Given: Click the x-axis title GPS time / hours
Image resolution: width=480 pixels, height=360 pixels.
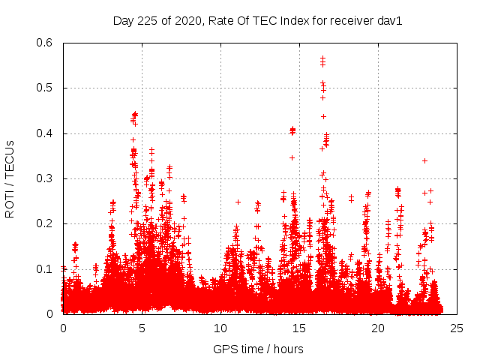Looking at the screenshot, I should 258,349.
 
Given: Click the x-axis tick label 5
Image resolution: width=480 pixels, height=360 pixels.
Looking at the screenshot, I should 142,328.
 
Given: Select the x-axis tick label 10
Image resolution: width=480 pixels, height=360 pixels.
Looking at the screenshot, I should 220,328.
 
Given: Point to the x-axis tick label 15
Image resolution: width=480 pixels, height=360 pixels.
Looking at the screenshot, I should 299,328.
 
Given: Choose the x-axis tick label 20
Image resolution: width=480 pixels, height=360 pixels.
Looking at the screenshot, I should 378,328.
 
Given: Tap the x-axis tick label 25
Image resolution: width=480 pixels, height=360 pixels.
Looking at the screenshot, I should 457,328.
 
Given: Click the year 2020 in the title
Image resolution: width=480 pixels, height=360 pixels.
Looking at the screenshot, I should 187,21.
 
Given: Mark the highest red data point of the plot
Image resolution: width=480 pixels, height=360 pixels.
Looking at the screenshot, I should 322,57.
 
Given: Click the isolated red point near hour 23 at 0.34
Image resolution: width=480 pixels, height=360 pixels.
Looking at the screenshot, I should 424,160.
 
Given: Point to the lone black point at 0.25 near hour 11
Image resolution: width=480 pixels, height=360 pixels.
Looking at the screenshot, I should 238,202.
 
